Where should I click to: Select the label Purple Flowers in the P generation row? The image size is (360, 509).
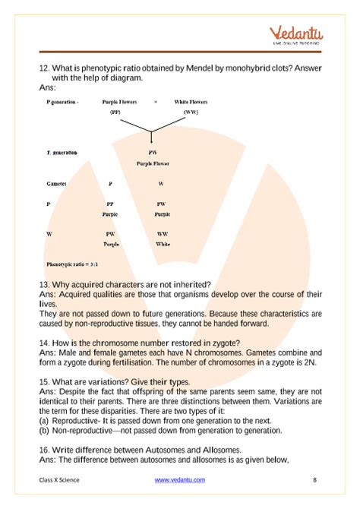click(x=122, y=101)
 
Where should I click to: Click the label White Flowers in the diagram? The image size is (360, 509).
click(x=191, y=101)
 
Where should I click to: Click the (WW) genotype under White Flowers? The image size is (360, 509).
click(x=191, y=112)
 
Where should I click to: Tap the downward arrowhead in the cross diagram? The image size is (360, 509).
click(x=152, y=139)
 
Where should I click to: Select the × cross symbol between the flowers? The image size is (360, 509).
click(x=155, y=101)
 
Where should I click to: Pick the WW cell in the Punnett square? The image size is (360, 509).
click(x=163, y=234)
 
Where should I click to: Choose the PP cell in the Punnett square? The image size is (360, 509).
click(x=110, y=204)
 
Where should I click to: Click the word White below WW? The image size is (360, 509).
click(x=163, y=245)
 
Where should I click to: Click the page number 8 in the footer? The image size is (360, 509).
click(x=314, y=480)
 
